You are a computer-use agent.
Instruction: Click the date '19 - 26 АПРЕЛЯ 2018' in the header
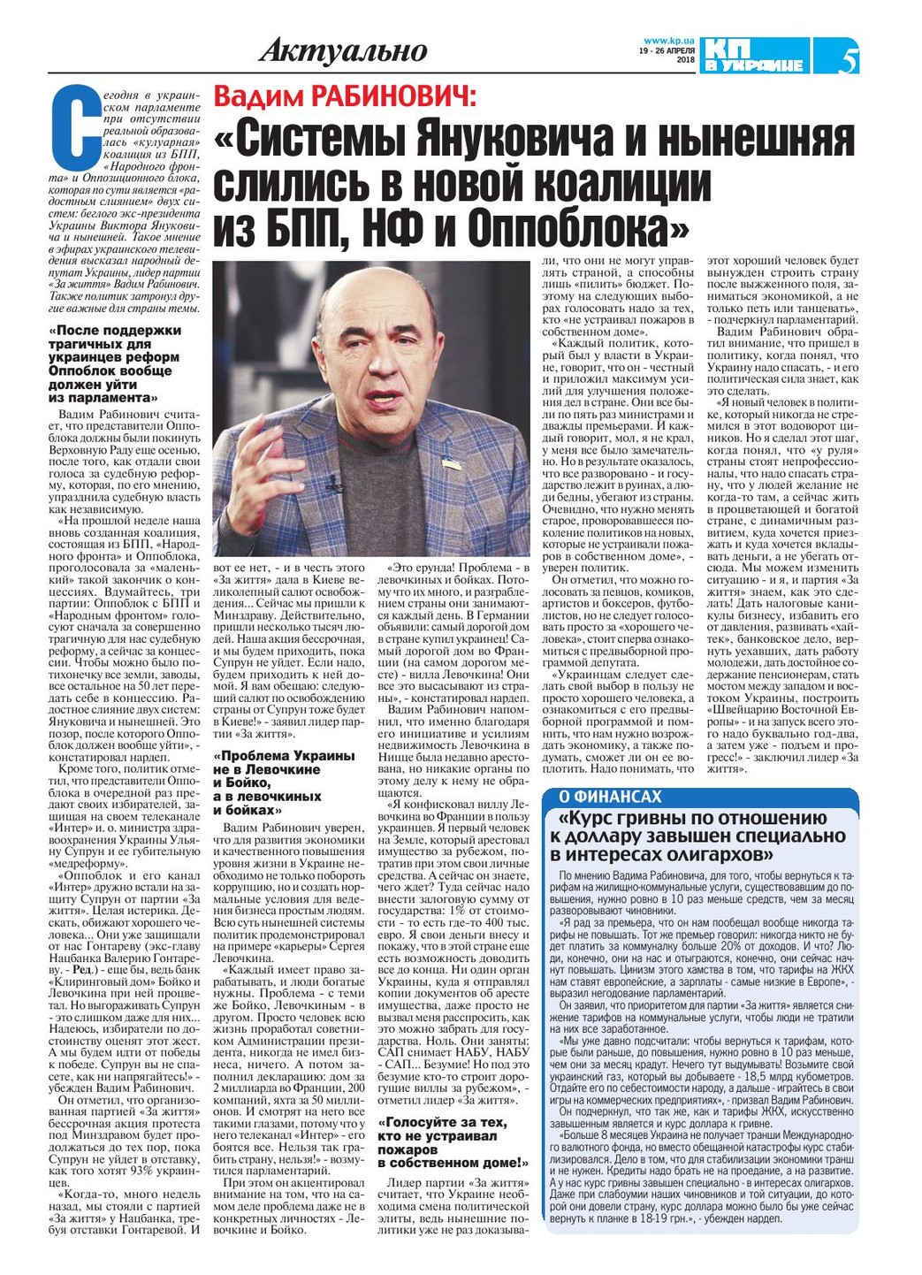tap(668, 55)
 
